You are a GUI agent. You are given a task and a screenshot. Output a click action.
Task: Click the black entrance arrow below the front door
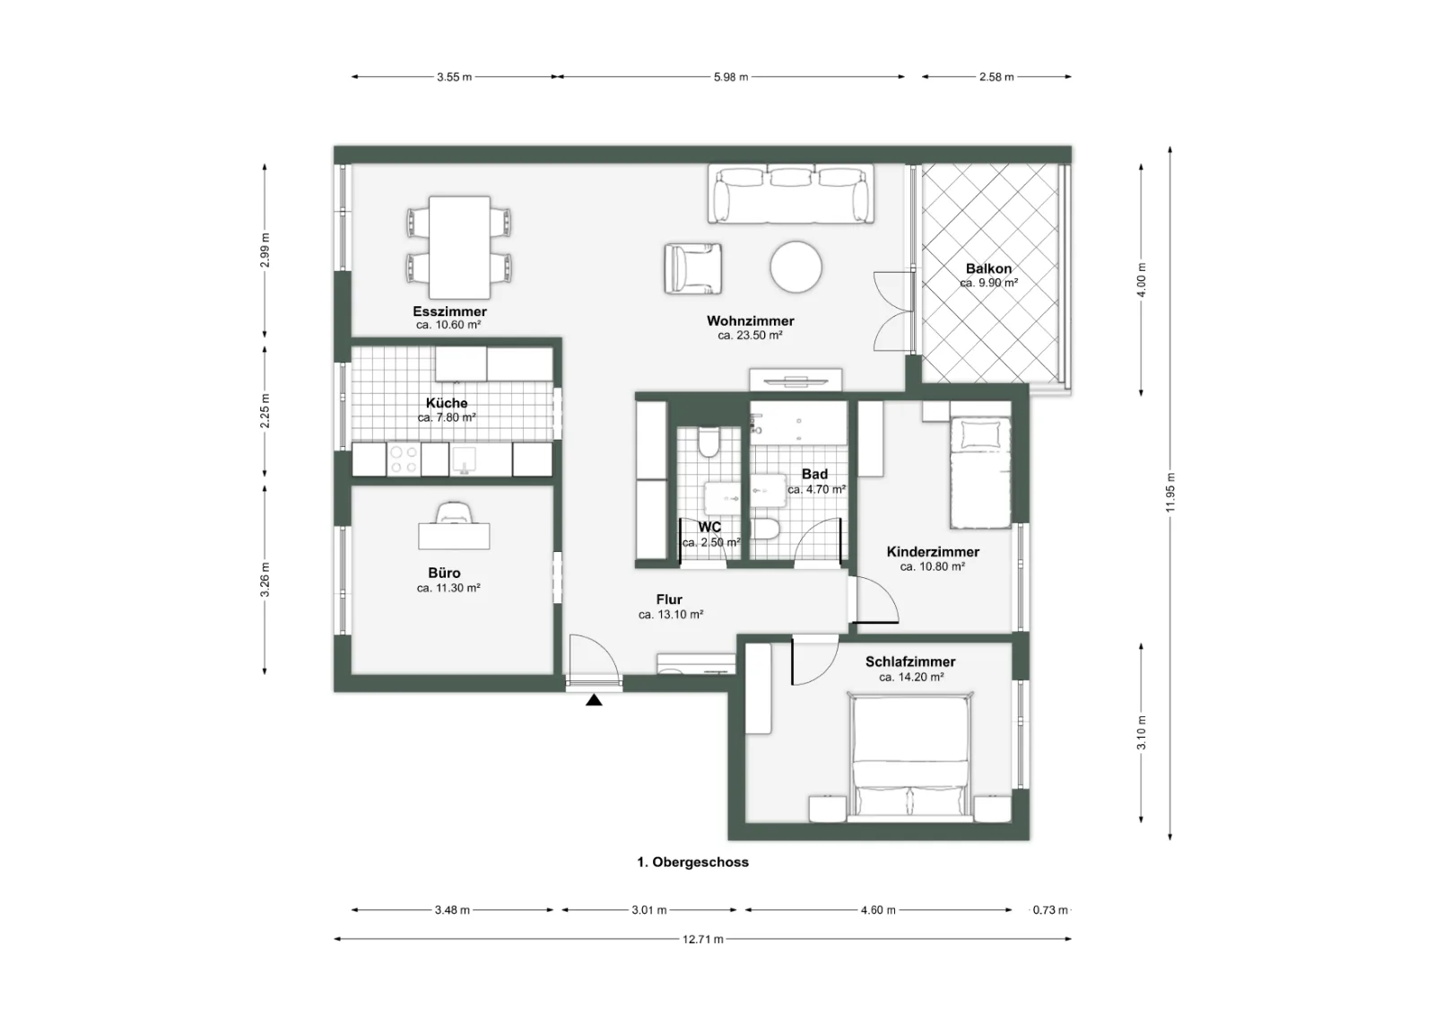click(x=594, y=700)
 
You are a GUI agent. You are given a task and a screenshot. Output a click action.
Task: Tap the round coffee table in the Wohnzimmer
click(x=796, y=267)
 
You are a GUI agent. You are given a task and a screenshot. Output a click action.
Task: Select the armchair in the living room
click(x=693, y=268)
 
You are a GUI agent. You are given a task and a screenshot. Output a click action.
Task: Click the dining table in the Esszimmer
click(x=459, y=248)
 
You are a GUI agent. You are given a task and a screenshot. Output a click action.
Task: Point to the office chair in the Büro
click(x=454, y=512)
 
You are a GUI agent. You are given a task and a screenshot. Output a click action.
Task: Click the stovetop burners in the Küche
click(x=404, y=459)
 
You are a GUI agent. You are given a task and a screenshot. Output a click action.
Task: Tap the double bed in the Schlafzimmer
click(x=910, y=757)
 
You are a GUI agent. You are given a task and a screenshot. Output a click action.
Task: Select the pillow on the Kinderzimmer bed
click(x=980, y=434)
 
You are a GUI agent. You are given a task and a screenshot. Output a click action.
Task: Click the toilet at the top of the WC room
click(x=709, y=442)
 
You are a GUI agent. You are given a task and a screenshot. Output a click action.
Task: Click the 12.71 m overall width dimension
click(x=703, y=939)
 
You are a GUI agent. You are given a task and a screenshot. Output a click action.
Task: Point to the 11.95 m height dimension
click(x=1170, y=493)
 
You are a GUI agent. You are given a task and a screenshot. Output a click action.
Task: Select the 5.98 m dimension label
click(x=731, y=77)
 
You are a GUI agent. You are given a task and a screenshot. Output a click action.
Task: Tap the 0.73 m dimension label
click(x=1050, y=909)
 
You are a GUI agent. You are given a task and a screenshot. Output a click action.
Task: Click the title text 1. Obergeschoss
click(x=692, y=863)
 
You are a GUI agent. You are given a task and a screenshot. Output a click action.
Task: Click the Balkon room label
click(x=989, y=268)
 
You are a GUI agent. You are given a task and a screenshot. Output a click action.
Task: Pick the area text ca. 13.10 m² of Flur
click(x=671, y=614)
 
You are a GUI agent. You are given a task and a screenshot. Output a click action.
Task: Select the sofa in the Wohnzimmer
click(x=791, y=194)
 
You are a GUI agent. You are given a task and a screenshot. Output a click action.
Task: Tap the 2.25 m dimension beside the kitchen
click(x=265, y=411)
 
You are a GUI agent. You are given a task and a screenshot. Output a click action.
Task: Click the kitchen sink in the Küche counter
click(x=463, y=460)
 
